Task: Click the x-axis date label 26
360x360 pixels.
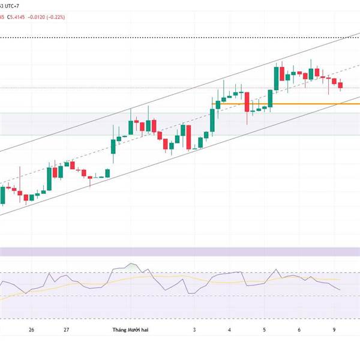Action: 31,330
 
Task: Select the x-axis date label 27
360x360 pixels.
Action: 67,330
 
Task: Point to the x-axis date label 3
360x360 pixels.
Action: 195,330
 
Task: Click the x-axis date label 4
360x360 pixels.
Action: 230,330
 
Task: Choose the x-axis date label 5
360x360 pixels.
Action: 265,330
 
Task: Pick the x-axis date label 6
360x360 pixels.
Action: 299,330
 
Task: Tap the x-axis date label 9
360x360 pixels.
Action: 334,330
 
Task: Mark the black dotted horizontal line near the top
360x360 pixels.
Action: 180,37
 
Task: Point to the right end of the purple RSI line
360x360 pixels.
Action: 340,290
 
